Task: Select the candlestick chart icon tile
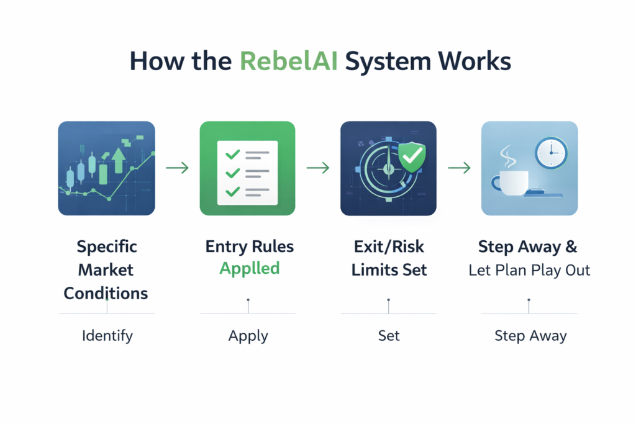pos(106,168)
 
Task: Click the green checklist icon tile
pos(247,168)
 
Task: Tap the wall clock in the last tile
pos(551,152)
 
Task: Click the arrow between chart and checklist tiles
pos(177,168)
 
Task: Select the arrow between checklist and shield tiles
pos(318,168)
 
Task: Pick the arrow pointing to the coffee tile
pos(459,168)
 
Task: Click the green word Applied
pos(249,268)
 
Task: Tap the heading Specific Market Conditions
pos(106,269)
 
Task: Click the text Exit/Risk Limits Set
pos(389,258)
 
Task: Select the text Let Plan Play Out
pos(529,270)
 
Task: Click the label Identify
pos(107,336)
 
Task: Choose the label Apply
pos(248,336)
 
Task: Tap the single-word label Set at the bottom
pos(389,336)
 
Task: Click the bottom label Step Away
pos(530,336)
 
